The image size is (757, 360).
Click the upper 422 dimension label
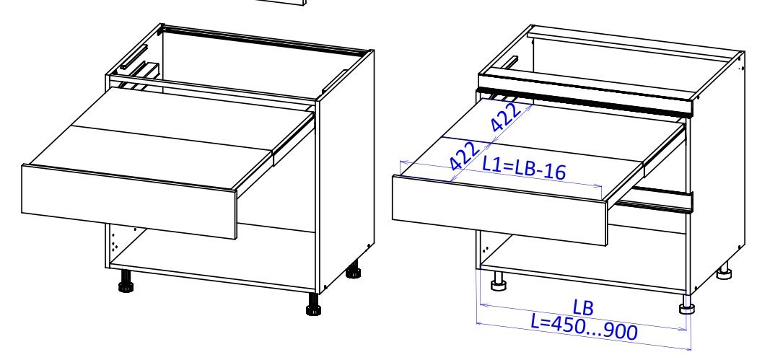tap(506, 116)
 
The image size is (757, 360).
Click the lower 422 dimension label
tap(465, 155)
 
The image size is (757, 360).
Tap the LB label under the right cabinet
tap(583, 307)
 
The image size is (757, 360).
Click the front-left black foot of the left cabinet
tap(126, 281)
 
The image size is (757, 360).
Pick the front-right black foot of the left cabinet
tap(314, 304)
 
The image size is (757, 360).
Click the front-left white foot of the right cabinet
tap(498, 281)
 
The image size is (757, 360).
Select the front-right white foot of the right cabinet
tap(686, 304)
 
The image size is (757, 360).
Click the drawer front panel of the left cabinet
tap(129, 202)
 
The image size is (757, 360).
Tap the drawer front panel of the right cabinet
tap(499, 210)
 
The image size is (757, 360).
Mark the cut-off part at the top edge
tap(281, 2)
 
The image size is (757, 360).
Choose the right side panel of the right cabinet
tap(717, 169)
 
